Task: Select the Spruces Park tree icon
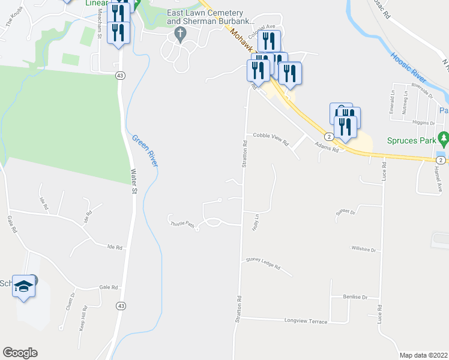tap(444, 139)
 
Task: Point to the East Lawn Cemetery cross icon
tap(178, 35)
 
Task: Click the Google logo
tap(20, 353)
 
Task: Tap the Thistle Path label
tap(182, 224)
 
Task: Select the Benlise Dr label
tap(355, 296)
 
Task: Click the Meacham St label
tap(100, 32)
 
